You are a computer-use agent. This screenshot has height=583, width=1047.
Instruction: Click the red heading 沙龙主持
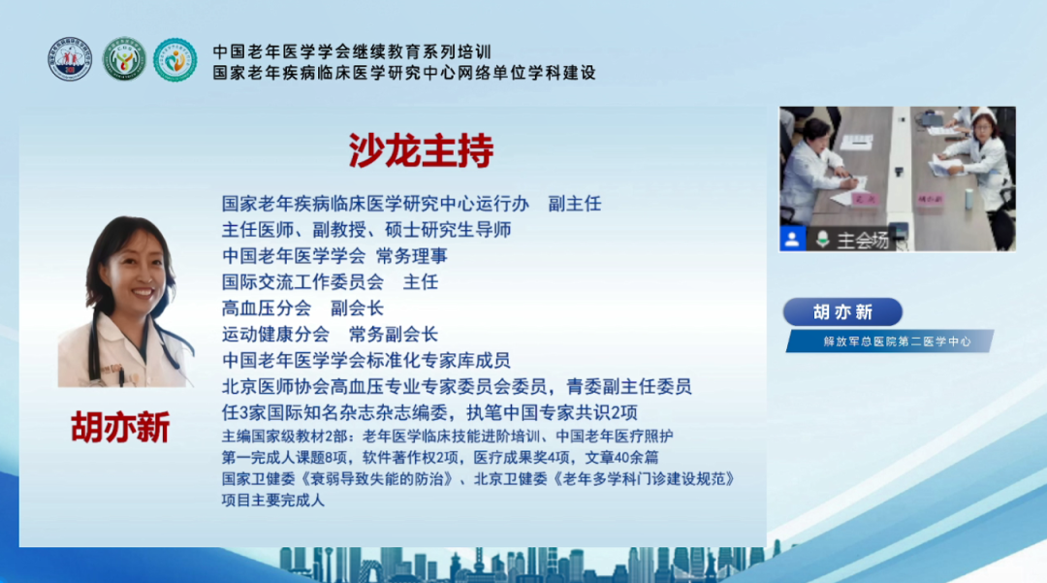coord(421,150)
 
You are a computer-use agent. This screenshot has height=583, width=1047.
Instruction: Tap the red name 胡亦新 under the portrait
coord(120,428)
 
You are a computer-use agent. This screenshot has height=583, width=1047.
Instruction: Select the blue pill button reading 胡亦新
coord(842,311)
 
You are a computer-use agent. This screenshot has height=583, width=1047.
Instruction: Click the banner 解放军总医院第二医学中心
coord(889,341)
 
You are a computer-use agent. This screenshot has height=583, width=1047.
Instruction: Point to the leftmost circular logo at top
coord(70,59)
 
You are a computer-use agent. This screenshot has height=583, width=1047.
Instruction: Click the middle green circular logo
coord(123,59)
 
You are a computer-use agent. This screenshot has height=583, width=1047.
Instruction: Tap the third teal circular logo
coord(174,59)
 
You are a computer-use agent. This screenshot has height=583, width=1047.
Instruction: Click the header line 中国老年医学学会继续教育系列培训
coord(352,51)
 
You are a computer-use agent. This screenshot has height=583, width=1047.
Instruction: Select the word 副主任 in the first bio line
coord(575,204)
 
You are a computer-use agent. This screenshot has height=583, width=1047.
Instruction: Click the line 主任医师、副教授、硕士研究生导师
coord(366,230)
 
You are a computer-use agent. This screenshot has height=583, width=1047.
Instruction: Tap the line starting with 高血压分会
coord(302,308)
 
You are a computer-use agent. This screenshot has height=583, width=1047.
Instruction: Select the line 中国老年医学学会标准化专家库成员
coord(365,360)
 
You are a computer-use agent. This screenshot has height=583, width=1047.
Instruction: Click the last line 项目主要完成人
coord(273,501)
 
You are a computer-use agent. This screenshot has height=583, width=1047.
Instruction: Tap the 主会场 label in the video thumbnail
coord(864,241)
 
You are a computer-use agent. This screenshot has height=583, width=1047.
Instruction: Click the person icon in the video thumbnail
coord(793,239)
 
